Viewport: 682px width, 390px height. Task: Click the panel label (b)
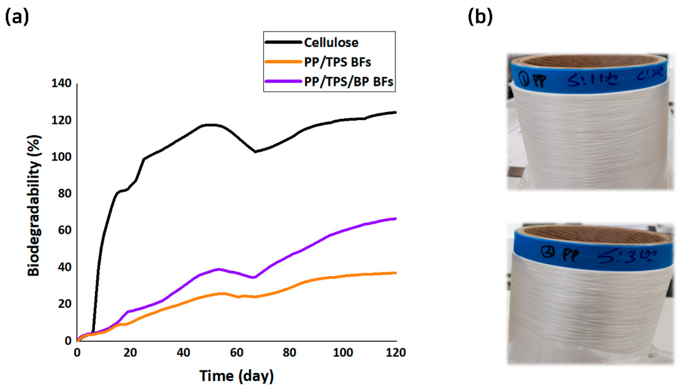pos(480,17)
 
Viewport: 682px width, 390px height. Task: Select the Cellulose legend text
pos(331,43)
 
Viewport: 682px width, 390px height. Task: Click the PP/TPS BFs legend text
pos(337,62)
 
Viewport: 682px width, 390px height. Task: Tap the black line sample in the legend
pos(283,42)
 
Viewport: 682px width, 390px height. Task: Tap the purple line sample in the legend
pos(283,81)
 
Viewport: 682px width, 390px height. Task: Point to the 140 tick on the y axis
pos(62,83)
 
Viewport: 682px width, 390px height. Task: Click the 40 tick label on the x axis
pos(183,352)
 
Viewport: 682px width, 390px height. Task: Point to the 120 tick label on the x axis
pos(396,352)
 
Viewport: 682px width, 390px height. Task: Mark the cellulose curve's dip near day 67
pos(255,152)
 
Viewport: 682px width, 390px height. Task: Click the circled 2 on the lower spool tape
pos(548,252)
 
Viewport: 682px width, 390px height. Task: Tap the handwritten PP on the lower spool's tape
pos(571,255)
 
